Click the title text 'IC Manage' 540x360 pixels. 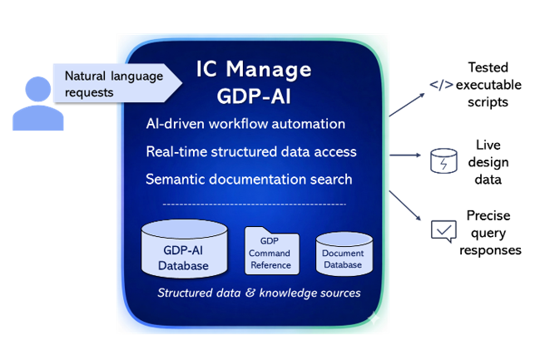254,69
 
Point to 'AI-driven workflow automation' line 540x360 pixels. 245,124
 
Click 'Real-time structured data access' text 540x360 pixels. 250,151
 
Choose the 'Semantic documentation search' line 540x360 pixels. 248,179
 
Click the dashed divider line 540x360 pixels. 254,204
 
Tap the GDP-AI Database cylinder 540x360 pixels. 184,249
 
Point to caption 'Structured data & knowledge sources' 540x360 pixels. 259,293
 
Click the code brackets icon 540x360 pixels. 441,85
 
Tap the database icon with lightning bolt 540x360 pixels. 443,160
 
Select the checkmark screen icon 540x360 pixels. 443,229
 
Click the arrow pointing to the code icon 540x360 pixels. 408,105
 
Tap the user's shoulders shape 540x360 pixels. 37,119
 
